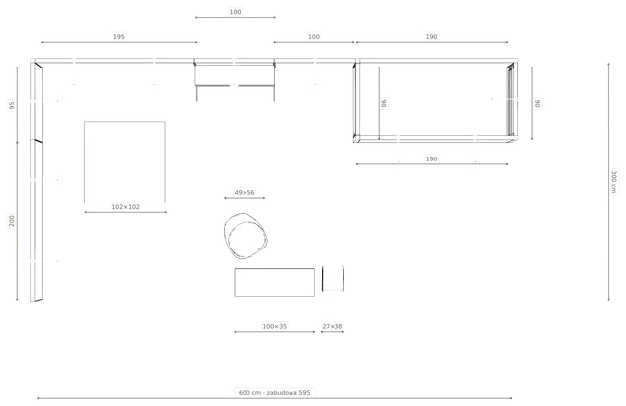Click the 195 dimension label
119,37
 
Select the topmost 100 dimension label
235,12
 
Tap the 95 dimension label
12,105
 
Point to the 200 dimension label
12,221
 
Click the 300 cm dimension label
614,182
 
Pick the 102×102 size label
126,207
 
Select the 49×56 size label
245,193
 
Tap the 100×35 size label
274,326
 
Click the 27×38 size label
333,326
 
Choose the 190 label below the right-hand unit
431,158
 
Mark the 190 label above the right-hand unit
431,37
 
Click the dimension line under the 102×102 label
126,212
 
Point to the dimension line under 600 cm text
275,398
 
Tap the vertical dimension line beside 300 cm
608,182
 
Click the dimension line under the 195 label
119,42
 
